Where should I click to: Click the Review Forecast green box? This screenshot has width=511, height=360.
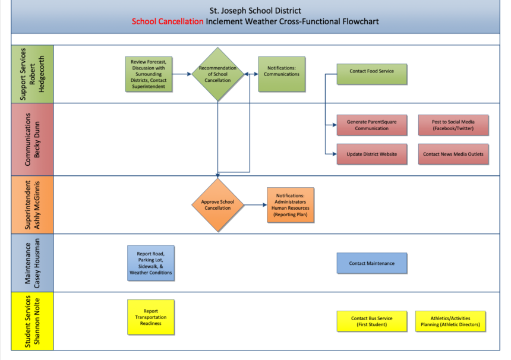point(150,74)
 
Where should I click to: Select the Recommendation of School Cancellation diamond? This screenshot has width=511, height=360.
point(217,74)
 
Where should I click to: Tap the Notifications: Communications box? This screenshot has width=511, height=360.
point(282,74)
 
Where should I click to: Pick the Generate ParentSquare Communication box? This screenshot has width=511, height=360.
point(371,125)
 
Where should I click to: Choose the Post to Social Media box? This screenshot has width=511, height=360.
point(453,125)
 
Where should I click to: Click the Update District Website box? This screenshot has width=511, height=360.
point(371,154)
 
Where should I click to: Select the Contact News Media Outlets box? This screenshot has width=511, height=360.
point(453,154)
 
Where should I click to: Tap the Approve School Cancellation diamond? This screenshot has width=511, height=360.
point(217,205)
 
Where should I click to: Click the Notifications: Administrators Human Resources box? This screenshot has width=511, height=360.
point(291,205)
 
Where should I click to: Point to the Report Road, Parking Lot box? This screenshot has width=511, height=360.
point(151,263)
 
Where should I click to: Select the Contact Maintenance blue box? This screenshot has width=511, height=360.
point(373,263)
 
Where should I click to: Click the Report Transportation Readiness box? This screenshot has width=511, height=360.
point(151,317)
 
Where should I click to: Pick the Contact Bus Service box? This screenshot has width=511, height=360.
point(372,321)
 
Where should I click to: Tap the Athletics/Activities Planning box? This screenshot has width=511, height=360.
point(450,321)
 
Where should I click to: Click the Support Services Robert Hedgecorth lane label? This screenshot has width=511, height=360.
point(32,74)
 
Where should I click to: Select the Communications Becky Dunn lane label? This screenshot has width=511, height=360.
point(32,140)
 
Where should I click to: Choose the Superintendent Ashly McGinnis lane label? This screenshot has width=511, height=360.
point(32,205)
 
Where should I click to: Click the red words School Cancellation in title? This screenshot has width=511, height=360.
point(168,21)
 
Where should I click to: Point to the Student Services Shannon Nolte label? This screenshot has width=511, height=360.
point(32,321)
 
